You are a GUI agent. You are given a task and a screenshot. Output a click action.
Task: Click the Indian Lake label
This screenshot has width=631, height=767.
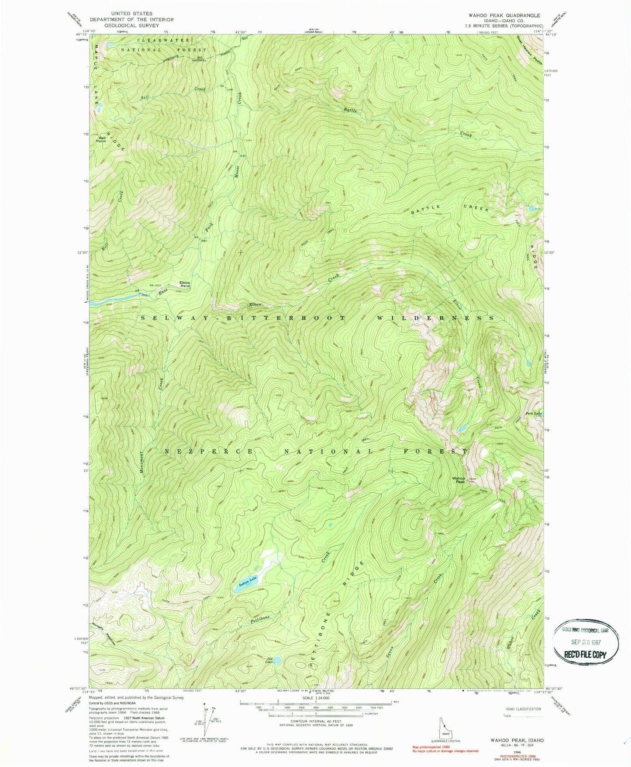pos(248,581)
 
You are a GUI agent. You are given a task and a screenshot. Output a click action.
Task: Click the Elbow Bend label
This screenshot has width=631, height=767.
pos(185,284)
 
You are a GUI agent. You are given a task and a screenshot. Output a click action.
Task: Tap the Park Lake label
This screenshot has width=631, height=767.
pos(534,413)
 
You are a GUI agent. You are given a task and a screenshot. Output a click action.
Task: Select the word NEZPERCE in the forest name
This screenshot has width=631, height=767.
pos(208,451)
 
